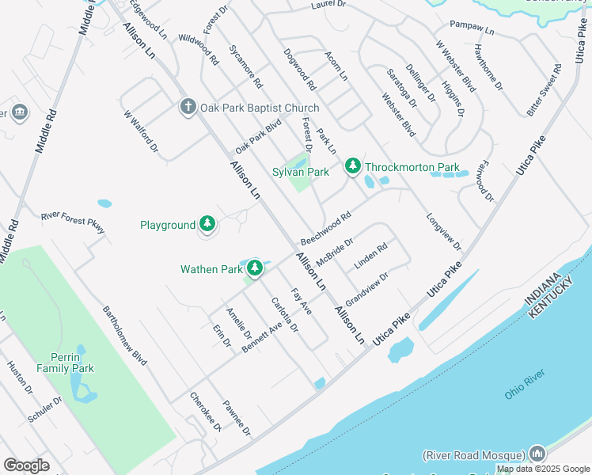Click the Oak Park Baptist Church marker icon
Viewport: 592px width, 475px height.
point(188,107)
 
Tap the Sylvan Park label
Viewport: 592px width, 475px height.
point(301,172)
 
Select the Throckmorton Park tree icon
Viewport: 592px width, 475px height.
point(353,167)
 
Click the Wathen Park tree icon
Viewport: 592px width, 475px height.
point(254,269)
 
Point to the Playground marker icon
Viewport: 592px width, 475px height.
point(207,225)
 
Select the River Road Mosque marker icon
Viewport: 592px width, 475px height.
point(538,454)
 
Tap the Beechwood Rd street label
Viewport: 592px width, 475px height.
point(325,228)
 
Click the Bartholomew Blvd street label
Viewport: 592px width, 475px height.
point(125,335)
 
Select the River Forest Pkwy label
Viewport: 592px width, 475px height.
point(73,221)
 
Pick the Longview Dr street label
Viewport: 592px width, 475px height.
point(443,233)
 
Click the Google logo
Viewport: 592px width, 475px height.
point(26,465)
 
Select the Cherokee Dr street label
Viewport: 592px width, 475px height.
point(205,412)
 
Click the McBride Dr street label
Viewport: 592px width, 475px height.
point(334,253)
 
